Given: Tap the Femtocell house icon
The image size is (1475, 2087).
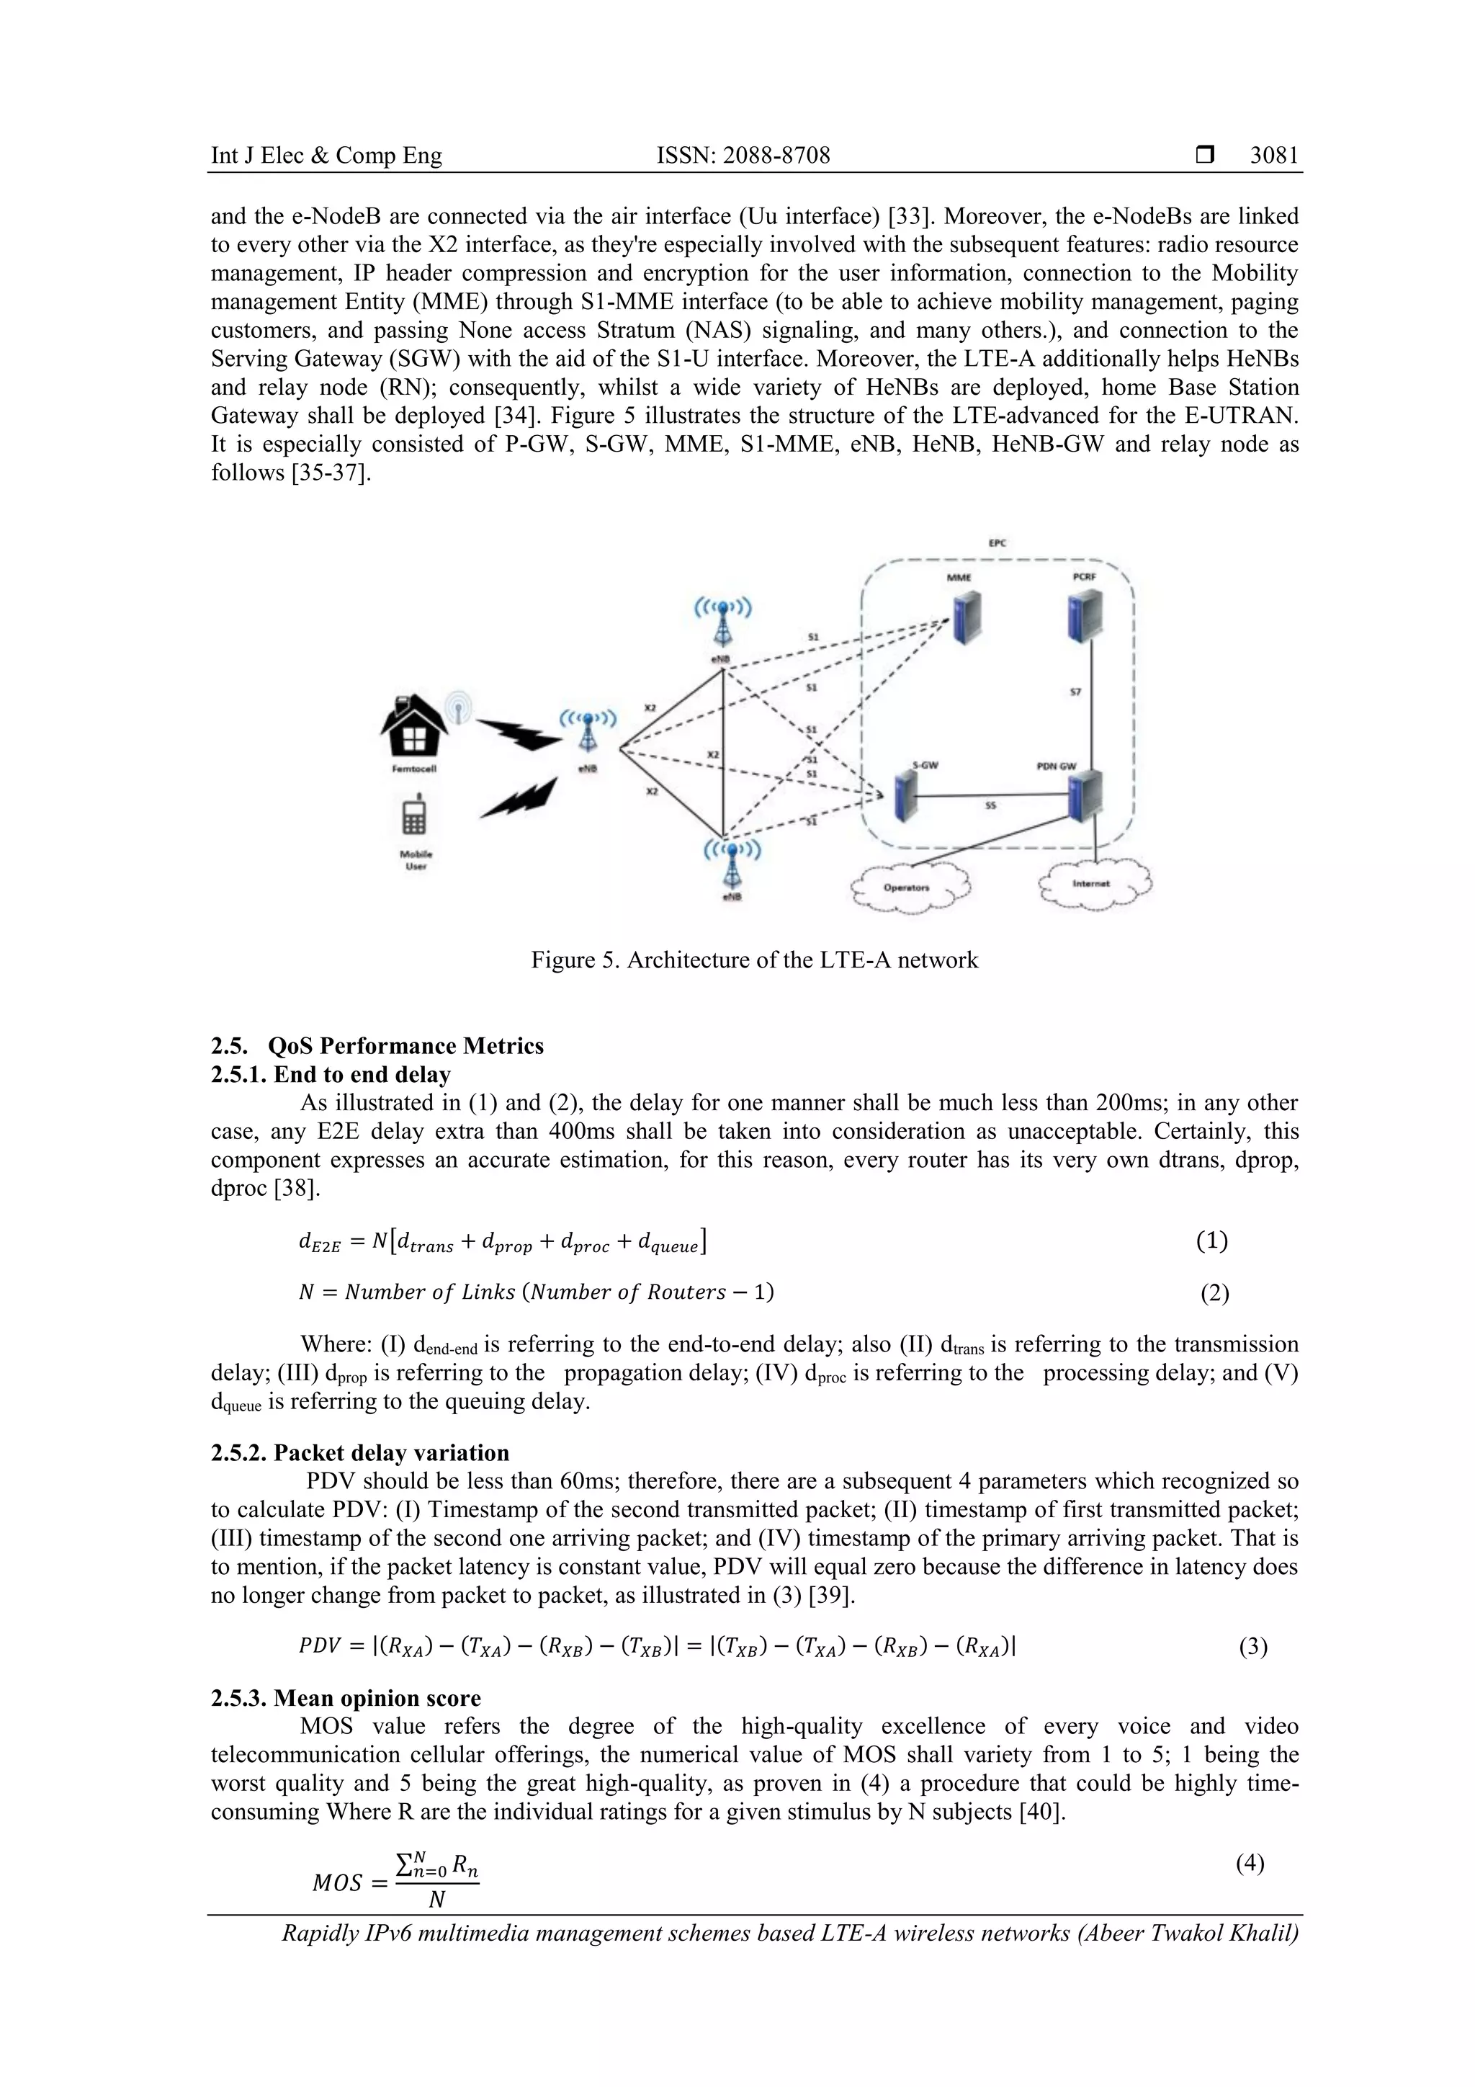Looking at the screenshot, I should [x=413, y=725].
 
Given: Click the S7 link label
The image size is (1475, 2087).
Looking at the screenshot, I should [x=1075, y=692].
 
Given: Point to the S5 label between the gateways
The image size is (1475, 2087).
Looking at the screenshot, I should [x=990, y=805].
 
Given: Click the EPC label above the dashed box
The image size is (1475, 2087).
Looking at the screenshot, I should [x=997, y=542].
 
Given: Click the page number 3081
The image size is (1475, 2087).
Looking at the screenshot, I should [x=1273, y=156].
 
